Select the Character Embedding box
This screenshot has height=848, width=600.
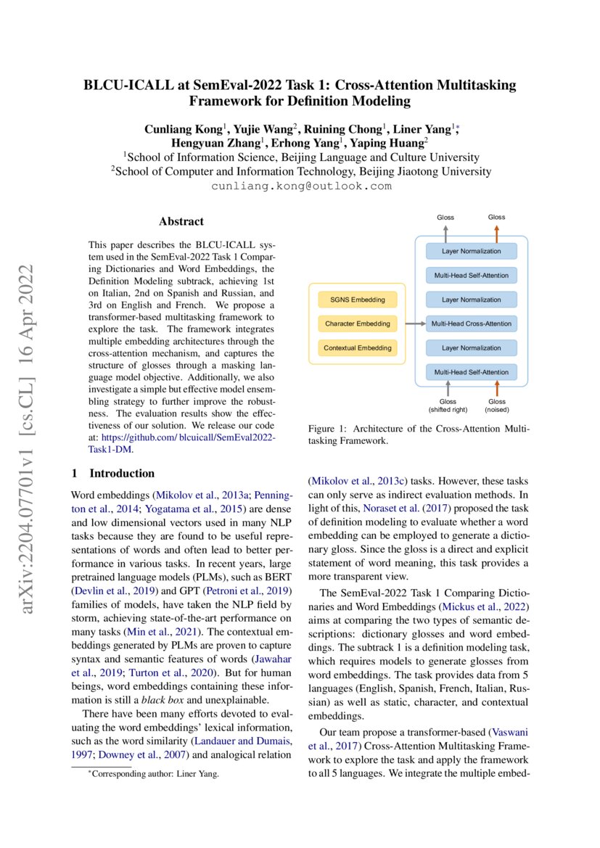pos(358,323)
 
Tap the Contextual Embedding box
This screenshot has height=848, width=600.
pos(358,347)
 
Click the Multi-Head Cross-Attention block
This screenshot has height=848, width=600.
pos(471,324)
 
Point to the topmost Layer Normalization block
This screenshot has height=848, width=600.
pos(471,251)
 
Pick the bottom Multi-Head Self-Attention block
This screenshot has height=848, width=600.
pos(471,372)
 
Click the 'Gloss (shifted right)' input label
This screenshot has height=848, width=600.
pos(448,406)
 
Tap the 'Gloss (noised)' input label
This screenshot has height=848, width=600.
pos(497,406)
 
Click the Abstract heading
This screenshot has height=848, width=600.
pos(181,221)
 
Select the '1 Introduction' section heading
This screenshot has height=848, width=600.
pos(113,474)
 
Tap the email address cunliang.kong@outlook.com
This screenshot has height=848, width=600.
pos(300,186)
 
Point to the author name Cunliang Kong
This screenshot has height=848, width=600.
pos(184,128)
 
